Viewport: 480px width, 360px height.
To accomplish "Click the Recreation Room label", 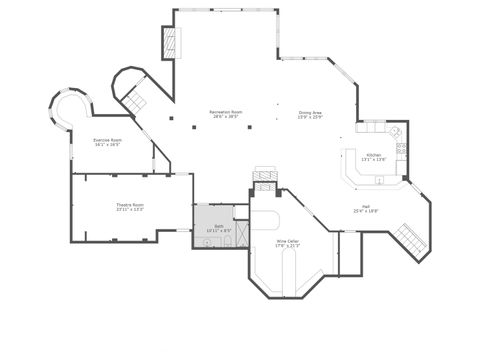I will [x=224, y=111].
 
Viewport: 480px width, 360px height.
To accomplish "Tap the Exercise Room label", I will [x=107, y=139].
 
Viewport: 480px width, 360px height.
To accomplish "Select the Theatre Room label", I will [x=129, y=204].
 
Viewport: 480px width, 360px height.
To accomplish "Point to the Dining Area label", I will [x=310, y=112].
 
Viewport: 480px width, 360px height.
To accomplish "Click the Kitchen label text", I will [x=373, y=155].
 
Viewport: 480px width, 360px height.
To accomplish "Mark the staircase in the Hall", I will [x=409, y=239].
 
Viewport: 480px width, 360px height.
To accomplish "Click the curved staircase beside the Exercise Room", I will [x=134, y=97].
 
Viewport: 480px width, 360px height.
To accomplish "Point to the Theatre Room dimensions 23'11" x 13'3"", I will [x=129, y=210].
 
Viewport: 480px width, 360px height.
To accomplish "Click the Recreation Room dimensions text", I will [x=224, y=117].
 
